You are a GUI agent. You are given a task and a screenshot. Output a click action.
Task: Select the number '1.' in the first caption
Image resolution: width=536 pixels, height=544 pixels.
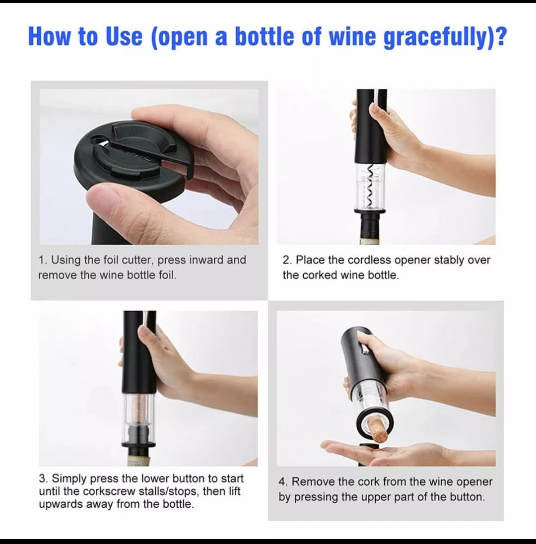click(43, 260)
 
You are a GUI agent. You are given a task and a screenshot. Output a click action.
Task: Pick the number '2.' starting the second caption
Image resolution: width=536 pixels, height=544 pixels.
click(287, 260)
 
